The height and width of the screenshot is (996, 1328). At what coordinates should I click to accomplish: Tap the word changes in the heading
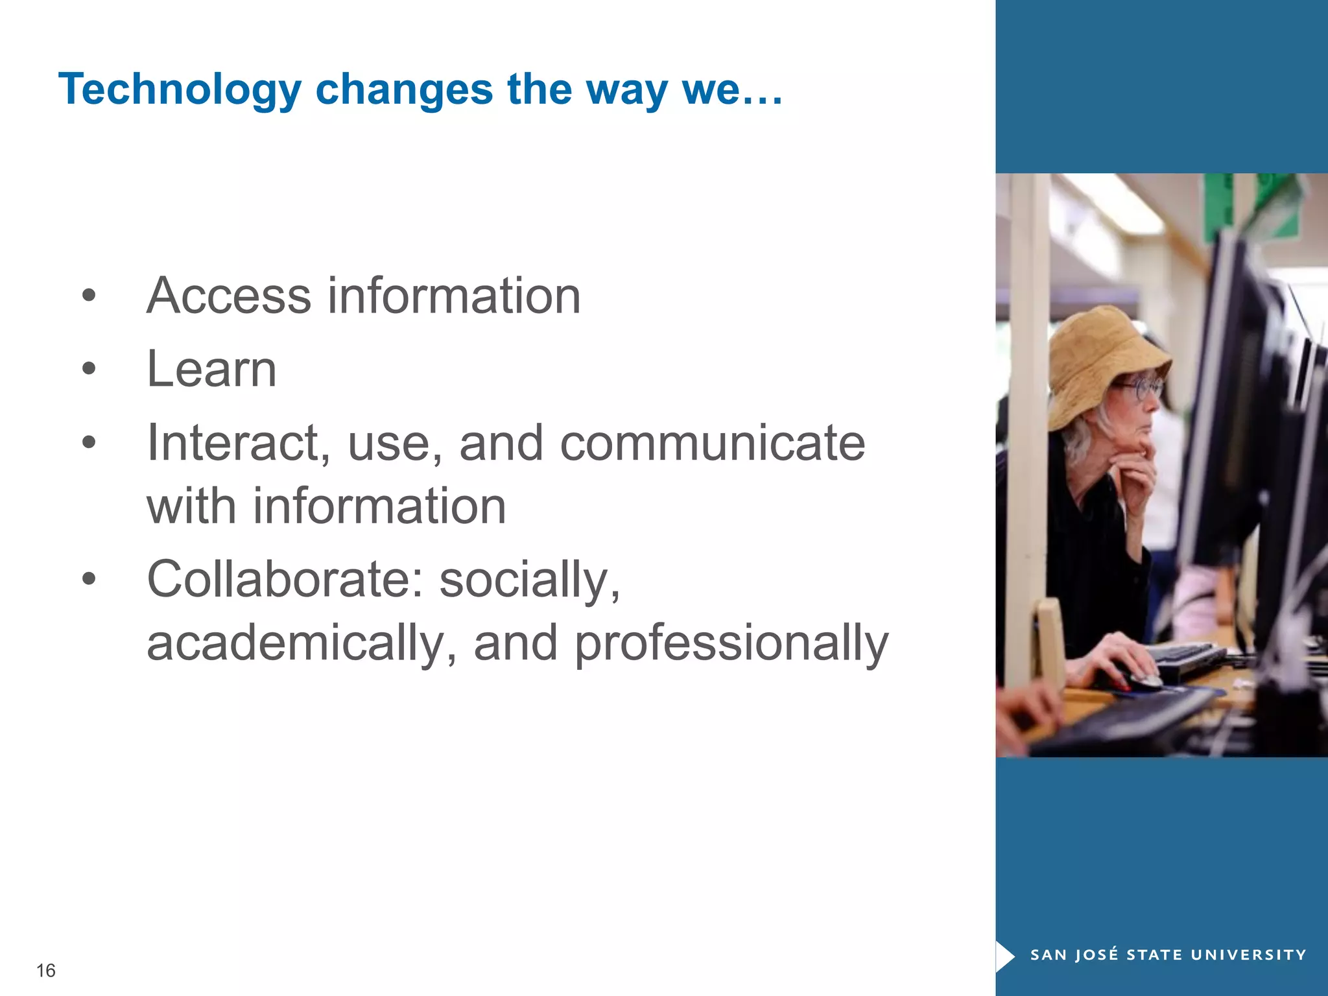tap(404, 89)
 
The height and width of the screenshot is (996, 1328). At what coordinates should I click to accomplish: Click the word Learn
tap(211, 370)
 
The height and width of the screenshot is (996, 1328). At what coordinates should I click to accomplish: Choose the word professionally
tap(731, 643)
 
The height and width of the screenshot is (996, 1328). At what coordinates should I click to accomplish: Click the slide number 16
tap(46, 970)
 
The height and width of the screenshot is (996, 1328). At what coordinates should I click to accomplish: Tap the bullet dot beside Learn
tap(89, 370)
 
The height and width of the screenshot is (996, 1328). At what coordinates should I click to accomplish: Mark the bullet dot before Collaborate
tap(89, 578)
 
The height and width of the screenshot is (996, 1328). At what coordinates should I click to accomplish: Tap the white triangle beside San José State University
tap(1004, 955)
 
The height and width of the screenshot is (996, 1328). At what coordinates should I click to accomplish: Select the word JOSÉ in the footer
tap(1097, 954)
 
